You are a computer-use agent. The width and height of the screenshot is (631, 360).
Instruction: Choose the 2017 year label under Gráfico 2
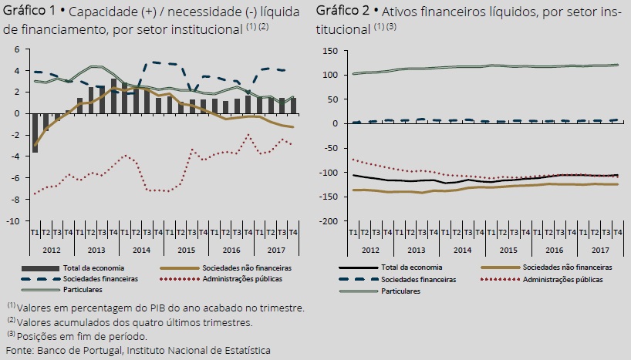(600, 251)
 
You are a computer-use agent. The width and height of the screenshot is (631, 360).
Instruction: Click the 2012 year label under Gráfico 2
(369, 251)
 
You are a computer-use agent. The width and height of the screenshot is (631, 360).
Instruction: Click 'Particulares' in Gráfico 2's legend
(399, 291)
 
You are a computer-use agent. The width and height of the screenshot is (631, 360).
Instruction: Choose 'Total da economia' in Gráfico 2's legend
(409, 267)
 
